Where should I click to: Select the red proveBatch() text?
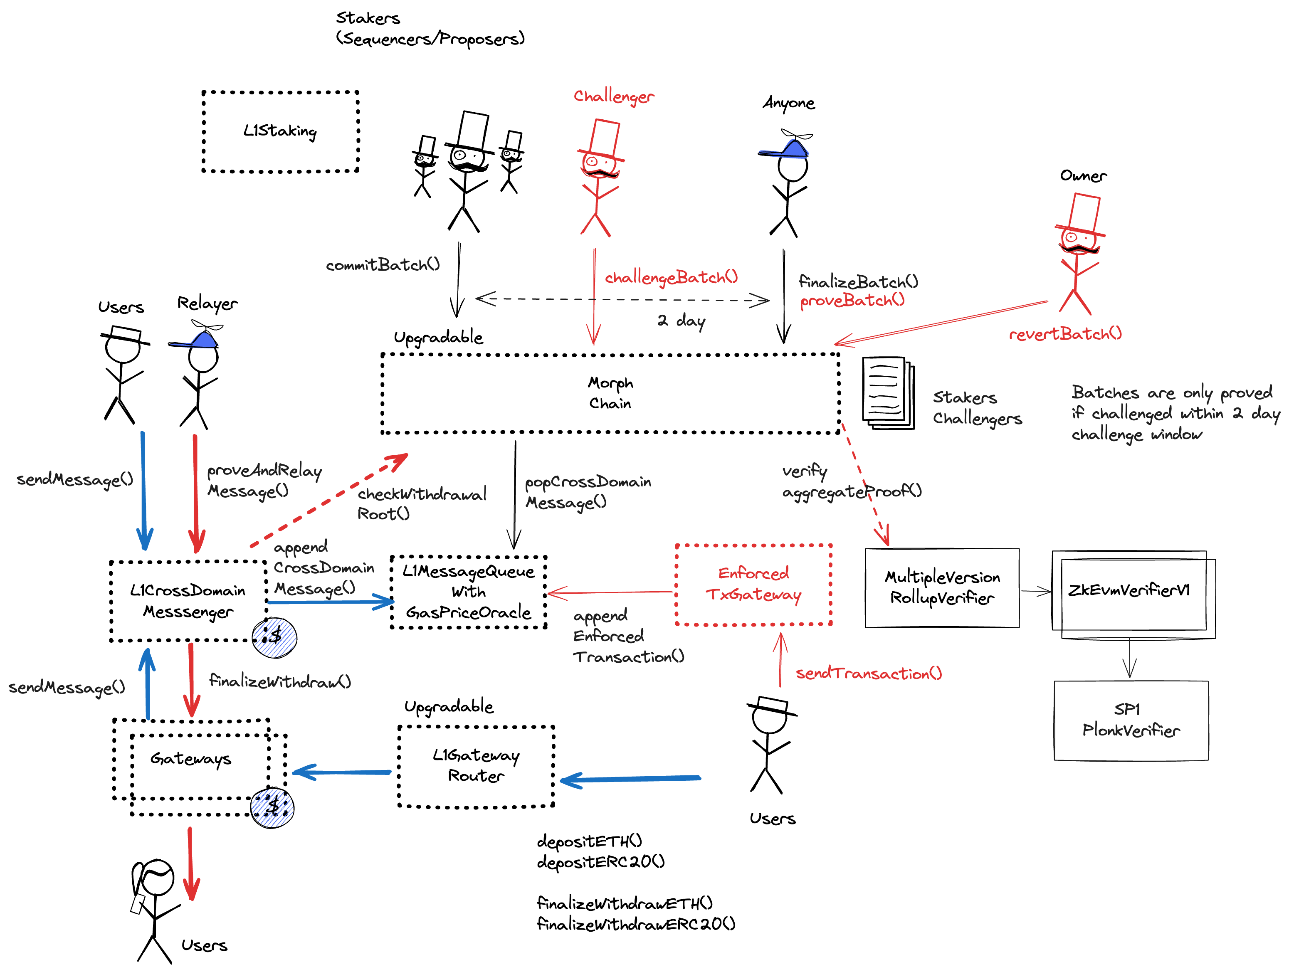coord(852,301)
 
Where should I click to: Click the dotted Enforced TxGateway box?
coord(753,585)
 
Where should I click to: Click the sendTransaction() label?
coord(868,673)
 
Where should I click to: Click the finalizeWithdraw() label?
coord(280,681)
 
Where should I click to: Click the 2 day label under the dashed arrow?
coord(681,321)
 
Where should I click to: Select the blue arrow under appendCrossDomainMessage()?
coord(331,602)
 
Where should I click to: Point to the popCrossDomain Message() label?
coord(588,492)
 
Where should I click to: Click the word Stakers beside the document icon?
coord(964,397)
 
